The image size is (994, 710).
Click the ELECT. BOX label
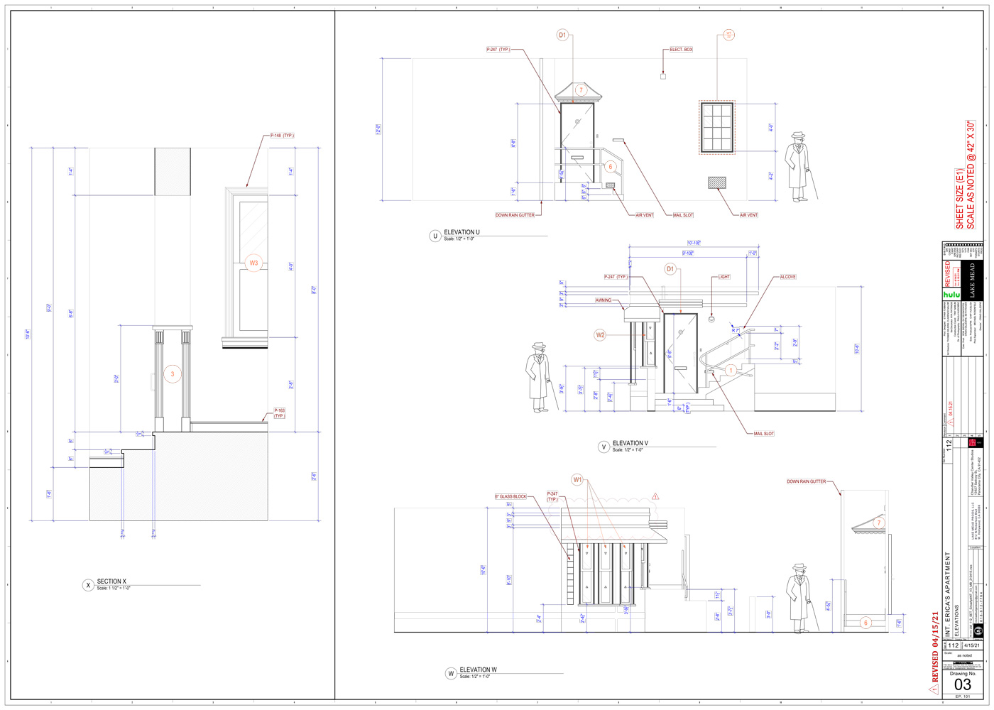point(681,50)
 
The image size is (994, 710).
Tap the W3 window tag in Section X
point(253,263)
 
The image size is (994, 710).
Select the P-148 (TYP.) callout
point(282,136)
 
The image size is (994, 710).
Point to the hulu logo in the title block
point(951,294)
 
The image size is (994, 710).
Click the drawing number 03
point(962,684)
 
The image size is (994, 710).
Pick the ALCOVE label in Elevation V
point(787,277)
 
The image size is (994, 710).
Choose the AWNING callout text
point(603,300)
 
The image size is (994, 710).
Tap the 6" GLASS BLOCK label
point(510,497)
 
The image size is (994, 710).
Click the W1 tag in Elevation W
point(577,480)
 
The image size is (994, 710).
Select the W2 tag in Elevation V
point(601,335)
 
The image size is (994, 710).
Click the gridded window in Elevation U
point(716,127)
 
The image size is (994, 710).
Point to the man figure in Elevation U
point(799,168)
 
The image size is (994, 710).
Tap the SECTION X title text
point(111,581)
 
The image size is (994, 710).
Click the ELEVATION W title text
point(478,670)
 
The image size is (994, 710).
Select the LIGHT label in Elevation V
point(723,277)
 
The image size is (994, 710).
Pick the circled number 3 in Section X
point(173,374)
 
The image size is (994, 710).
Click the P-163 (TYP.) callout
point(279,413)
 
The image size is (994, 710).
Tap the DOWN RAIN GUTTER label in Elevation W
point(806,481)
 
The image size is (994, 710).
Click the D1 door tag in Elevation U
point(562,35)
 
